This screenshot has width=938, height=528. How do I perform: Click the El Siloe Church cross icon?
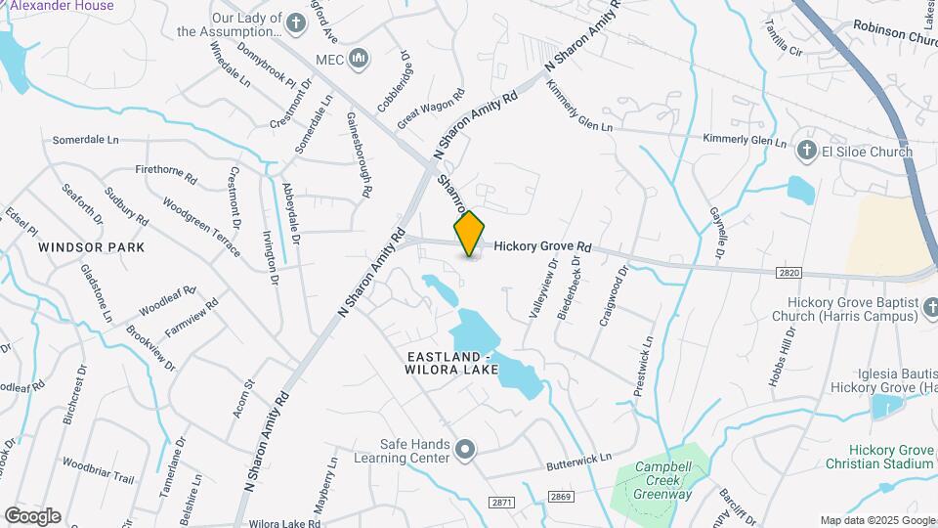click(807, 152)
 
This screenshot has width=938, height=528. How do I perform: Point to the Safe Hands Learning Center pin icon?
click(466, 451)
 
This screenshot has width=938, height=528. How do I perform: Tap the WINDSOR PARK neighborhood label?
click(92, 247)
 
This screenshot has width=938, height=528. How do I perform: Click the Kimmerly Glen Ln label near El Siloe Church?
click(746, 141)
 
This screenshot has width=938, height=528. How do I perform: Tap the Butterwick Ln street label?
click(577, 458)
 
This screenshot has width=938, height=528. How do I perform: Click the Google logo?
click(32, 515)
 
